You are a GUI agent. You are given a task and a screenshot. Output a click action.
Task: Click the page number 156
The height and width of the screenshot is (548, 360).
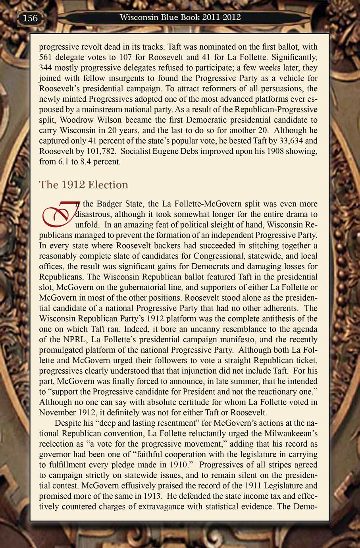(x=30, y=18)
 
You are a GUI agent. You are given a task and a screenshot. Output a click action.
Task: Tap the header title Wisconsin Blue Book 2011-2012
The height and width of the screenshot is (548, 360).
(x=180, y=17)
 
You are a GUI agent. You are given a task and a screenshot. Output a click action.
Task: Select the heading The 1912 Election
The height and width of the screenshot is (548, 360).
(x=84, y=185)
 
